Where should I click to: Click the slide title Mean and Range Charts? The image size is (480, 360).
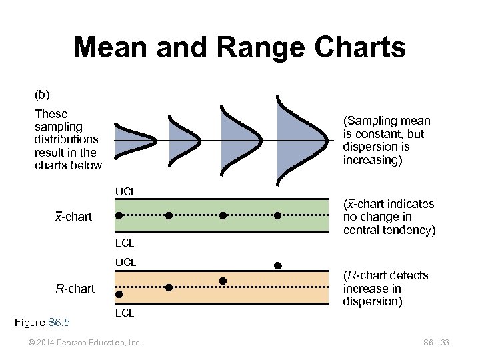pos(239,48)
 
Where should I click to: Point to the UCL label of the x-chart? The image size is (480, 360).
pos(125,192)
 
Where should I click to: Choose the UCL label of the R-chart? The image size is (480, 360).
pos(125,263)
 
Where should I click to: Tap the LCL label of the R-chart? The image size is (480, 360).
pos(125,312)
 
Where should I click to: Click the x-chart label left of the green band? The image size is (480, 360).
pos(73,217)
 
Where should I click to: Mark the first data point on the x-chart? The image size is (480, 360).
pos(119,215)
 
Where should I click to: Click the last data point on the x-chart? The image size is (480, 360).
pos(278,215)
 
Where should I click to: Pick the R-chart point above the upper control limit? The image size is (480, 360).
pos(278,265)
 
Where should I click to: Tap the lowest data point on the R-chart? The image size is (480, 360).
pos(119,294)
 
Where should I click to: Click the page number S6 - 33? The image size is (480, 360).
pos(436,343)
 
